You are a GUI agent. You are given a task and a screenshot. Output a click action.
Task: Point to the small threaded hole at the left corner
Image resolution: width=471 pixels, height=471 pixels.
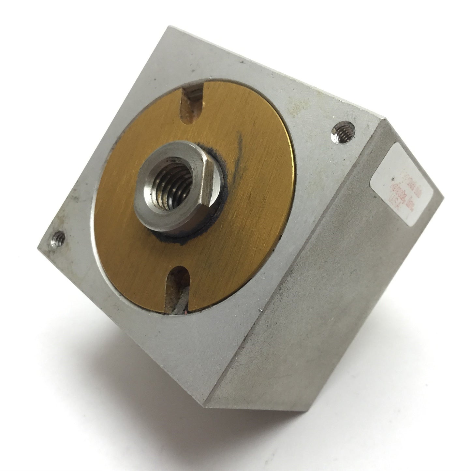[59, 237]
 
